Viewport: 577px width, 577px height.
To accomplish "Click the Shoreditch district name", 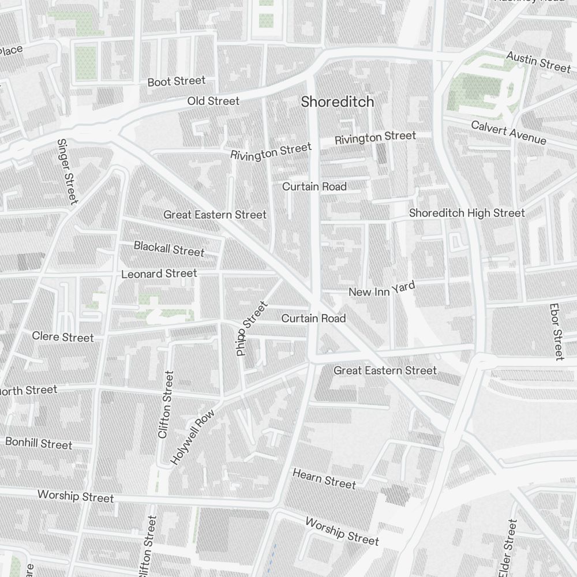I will coord(338,102).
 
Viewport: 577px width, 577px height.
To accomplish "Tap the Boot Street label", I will coord(176,81).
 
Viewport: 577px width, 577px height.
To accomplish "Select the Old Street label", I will coord(213,101).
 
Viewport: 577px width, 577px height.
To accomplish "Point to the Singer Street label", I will coord(67,171).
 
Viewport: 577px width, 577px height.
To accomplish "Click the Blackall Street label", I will coord(169,249).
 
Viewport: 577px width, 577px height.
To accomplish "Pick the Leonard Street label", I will coord(159,273).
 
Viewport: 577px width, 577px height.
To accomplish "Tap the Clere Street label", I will coord(62,336).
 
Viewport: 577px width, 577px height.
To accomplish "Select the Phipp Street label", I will coord(252,328).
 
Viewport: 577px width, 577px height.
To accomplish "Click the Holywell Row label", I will coord(193,437).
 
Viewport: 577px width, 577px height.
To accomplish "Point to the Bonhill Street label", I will coord(39,443).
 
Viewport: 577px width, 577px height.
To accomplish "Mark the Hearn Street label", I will coord(324,478).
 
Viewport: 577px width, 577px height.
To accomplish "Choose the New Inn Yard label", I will coord(382,288).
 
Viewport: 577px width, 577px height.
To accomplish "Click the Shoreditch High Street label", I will coord(467,213).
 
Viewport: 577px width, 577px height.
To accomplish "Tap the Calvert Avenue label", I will coord(508,133).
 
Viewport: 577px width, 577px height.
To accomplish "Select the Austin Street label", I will coord(538,61).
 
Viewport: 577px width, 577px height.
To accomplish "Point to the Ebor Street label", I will coord(556,332).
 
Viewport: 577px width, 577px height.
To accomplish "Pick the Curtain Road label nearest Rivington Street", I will coord(314,186).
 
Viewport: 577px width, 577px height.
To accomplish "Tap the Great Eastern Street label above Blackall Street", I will coord(215,215).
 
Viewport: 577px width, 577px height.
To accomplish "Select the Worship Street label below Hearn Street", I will coord(342,531).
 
